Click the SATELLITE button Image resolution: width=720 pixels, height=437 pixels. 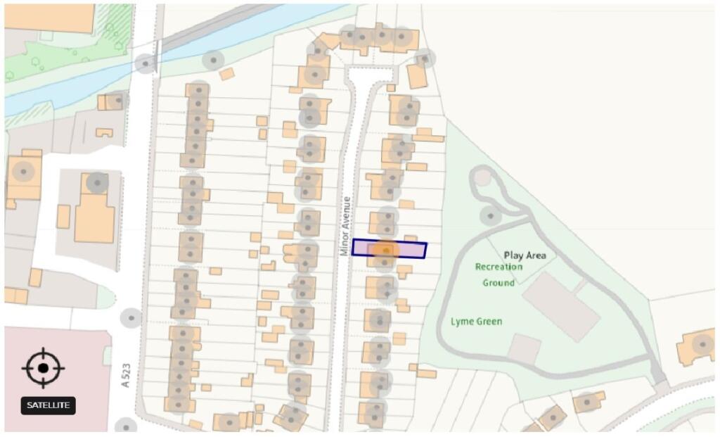pos(48,405)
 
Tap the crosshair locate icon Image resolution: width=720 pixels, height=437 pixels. pos(43,367)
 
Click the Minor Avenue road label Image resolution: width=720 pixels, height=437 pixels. pos(345,226)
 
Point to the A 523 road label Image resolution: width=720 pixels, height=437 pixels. pos(126,375)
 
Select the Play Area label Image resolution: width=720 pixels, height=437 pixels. pos(525,255)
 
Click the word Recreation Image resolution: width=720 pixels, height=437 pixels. pos(499,267)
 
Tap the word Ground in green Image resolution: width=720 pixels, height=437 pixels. pos(498,283)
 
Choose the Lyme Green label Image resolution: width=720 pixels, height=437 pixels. pos(476,322)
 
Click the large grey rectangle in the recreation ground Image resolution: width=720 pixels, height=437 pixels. pos(561,306)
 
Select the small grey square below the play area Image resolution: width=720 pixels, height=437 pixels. pos(525,349)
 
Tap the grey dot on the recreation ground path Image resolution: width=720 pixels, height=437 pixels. pos(490,214)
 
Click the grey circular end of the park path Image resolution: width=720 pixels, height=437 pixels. pos(482,177)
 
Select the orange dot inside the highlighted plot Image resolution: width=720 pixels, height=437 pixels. pos(385,250)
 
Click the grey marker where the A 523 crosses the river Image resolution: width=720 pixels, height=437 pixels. pos(146,63)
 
